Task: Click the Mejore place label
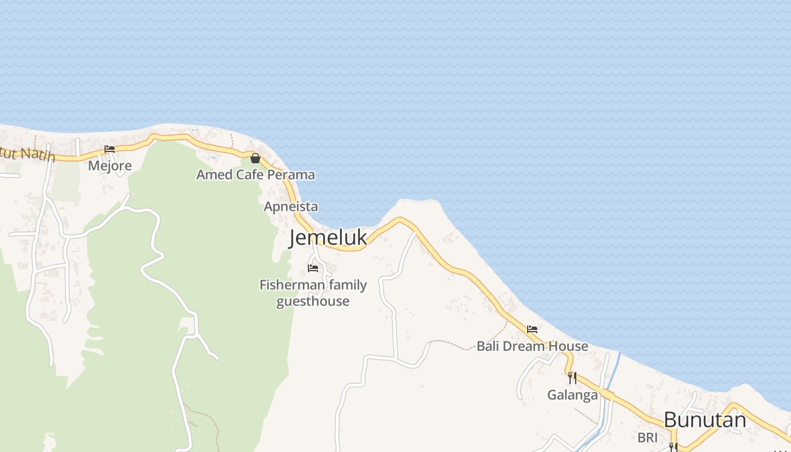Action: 110,166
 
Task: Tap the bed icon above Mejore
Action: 110,149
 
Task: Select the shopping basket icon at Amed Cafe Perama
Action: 255,158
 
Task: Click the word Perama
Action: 290,175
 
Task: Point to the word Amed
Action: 214,175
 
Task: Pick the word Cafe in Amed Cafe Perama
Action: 250,175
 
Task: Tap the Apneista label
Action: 290,207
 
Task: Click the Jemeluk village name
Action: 328,238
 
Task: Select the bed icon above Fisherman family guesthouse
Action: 313,268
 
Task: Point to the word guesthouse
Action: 312,301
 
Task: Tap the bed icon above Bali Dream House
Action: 532,329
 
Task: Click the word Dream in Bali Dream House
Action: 525,346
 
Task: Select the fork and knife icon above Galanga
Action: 572,377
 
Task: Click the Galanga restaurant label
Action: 572,395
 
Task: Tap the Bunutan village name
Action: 705,420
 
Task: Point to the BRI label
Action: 647,437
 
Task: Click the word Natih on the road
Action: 38,154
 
